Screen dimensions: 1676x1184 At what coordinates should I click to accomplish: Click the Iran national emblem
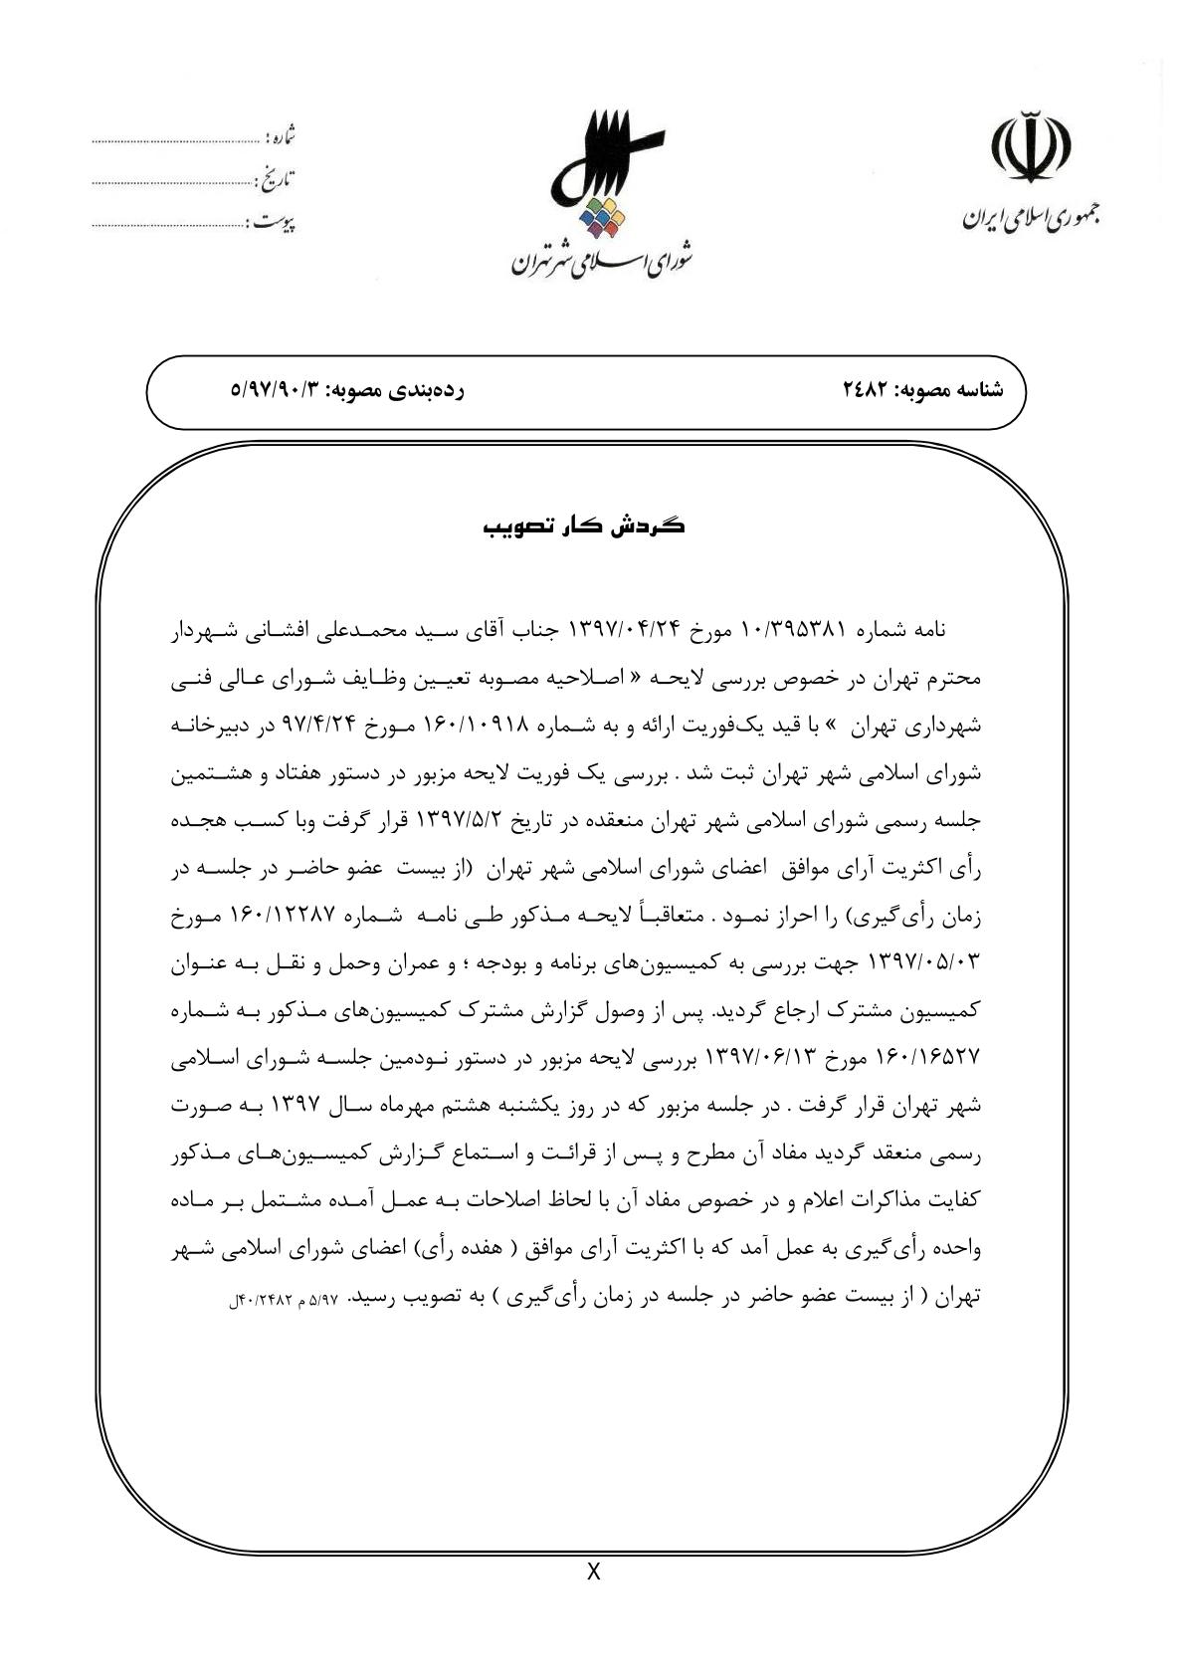click(x=1031, y=151)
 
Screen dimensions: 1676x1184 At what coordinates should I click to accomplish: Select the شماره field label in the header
click(x=282, y=136)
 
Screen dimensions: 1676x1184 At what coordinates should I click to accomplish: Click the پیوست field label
click(x=275, y=223)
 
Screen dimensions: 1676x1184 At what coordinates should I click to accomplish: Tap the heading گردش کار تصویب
click(x=584, y=525)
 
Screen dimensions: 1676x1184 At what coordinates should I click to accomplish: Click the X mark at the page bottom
click(x=594, y=1573)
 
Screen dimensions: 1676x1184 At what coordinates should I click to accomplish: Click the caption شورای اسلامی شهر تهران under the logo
click(x=603, y=262)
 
